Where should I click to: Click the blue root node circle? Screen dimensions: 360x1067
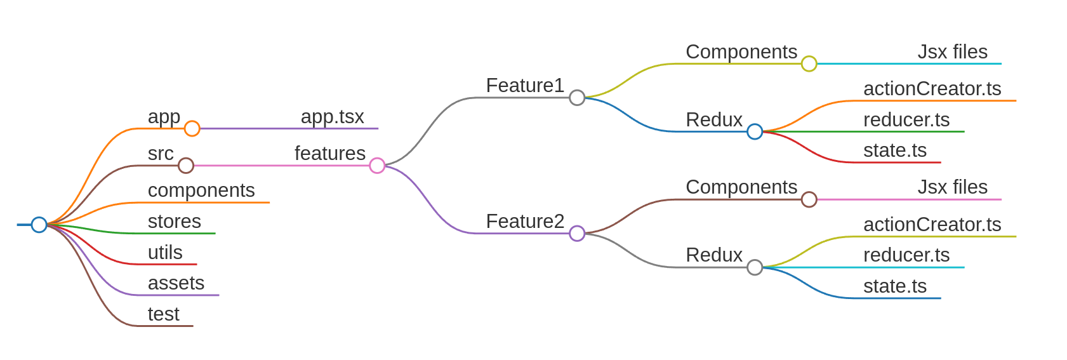point(39,225)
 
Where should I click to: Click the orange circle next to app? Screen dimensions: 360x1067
point(192,129)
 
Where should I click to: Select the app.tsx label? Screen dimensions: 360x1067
point(332,117)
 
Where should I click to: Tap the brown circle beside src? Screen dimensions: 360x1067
point(185,166)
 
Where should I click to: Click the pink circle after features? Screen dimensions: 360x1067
point(377,166)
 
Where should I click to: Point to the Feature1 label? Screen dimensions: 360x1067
point(524,86)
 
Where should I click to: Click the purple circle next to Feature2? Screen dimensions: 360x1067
point(576,234)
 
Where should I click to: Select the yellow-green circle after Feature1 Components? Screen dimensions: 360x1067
point(809,63)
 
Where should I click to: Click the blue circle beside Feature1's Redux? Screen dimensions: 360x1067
point(755,131)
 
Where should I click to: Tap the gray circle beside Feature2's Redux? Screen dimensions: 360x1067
point(755,267)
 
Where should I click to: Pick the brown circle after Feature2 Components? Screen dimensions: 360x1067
point(809,199)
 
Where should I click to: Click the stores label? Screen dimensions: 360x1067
point(174,222)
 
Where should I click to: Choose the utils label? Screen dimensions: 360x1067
point(165,253)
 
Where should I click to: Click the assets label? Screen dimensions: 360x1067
point(176,283)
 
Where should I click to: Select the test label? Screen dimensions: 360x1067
point(163,314)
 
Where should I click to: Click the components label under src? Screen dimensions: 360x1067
point(201,190)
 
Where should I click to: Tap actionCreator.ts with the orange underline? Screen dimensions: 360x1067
point(932,89)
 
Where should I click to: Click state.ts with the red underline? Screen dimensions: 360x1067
point(894,150)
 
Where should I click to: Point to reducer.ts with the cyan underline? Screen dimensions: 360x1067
point(906,255)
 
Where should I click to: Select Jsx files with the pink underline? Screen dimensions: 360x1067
point(952,187)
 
